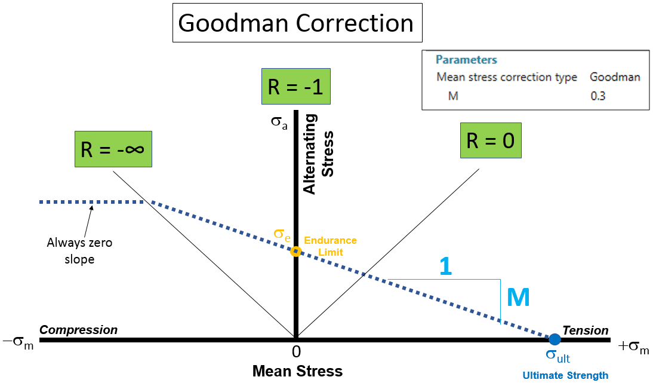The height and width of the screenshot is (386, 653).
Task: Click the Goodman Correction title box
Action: point(296,23)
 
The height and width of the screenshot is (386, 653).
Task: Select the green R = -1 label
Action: point(295,87)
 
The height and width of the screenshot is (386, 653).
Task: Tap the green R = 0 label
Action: point(490,141)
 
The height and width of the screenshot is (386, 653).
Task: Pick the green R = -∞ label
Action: point(112,149)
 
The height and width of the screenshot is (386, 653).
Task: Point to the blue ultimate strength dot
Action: point(555,339)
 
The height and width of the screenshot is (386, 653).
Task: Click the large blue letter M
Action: point(518,298)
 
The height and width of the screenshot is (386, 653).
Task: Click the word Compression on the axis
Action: point(78,330)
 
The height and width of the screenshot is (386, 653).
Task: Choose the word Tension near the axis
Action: point(585,330)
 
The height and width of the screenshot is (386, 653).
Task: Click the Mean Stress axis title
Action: point(297,371)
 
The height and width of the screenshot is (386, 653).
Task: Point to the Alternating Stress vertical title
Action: point(319,154)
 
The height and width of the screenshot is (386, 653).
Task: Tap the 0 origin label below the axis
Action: point(295,351)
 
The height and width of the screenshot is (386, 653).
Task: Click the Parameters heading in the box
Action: point(466,60)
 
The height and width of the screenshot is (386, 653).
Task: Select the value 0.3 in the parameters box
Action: point(597,96)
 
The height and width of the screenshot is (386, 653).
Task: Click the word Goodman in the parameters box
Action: point(615,77)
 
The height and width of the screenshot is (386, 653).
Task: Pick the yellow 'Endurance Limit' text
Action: point(330,246)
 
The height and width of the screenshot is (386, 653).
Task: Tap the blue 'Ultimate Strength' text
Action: point(565,376)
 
